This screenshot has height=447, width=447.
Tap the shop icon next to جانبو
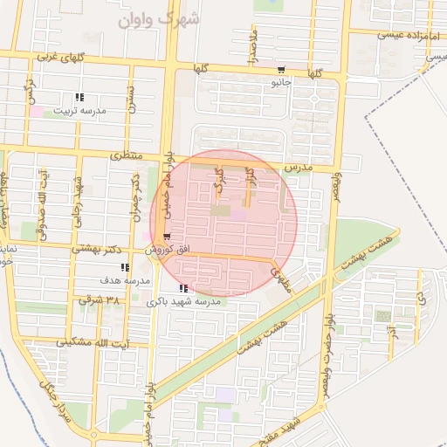pyautogui.click(x=280, y=70)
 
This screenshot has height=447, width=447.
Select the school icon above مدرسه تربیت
pyautogui.click(x=79, y=97)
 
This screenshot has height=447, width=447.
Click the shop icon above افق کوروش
pyautogui.click(x=166, y=237)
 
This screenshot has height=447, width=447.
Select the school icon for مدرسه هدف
pyautogui.click(x=126, y=268)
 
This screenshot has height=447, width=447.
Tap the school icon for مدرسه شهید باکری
pyautogui.click(x=182, y=288)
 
